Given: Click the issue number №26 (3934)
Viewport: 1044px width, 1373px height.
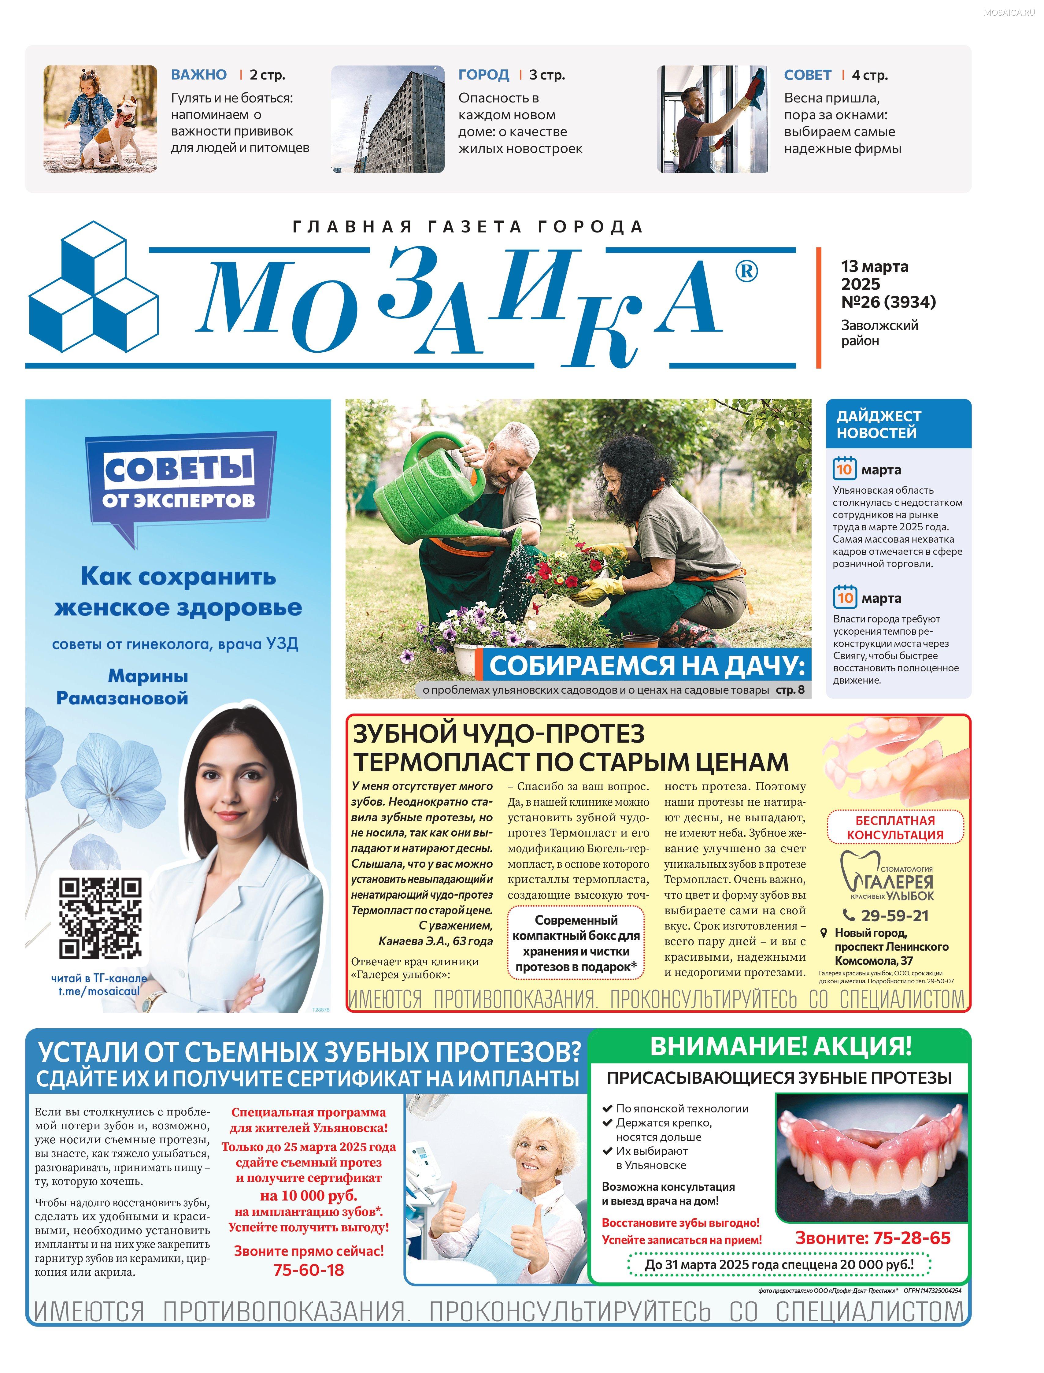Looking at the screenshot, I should [888, 302].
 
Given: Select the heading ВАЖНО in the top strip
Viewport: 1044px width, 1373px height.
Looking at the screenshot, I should [199, 75].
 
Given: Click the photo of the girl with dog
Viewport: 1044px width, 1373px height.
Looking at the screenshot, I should [100, 119].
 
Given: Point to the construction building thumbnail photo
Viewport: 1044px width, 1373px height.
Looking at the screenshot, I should [388, 119].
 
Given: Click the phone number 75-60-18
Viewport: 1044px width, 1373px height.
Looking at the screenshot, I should [309, 1270].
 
